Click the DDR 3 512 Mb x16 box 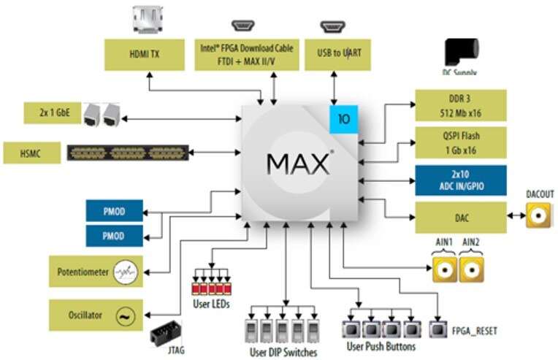[x=460, y=107]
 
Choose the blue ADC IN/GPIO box [x=460, y=180]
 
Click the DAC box [x=460, y=218]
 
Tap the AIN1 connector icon [x=443, y=270]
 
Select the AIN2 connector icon [x=471, y=270]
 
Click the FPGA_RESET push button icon [x=439, y=330]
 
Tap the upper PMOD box [x=113, y=212]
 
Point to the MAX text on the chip [x=299, y=163]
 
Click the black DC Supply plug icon [x=460, y=55]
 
